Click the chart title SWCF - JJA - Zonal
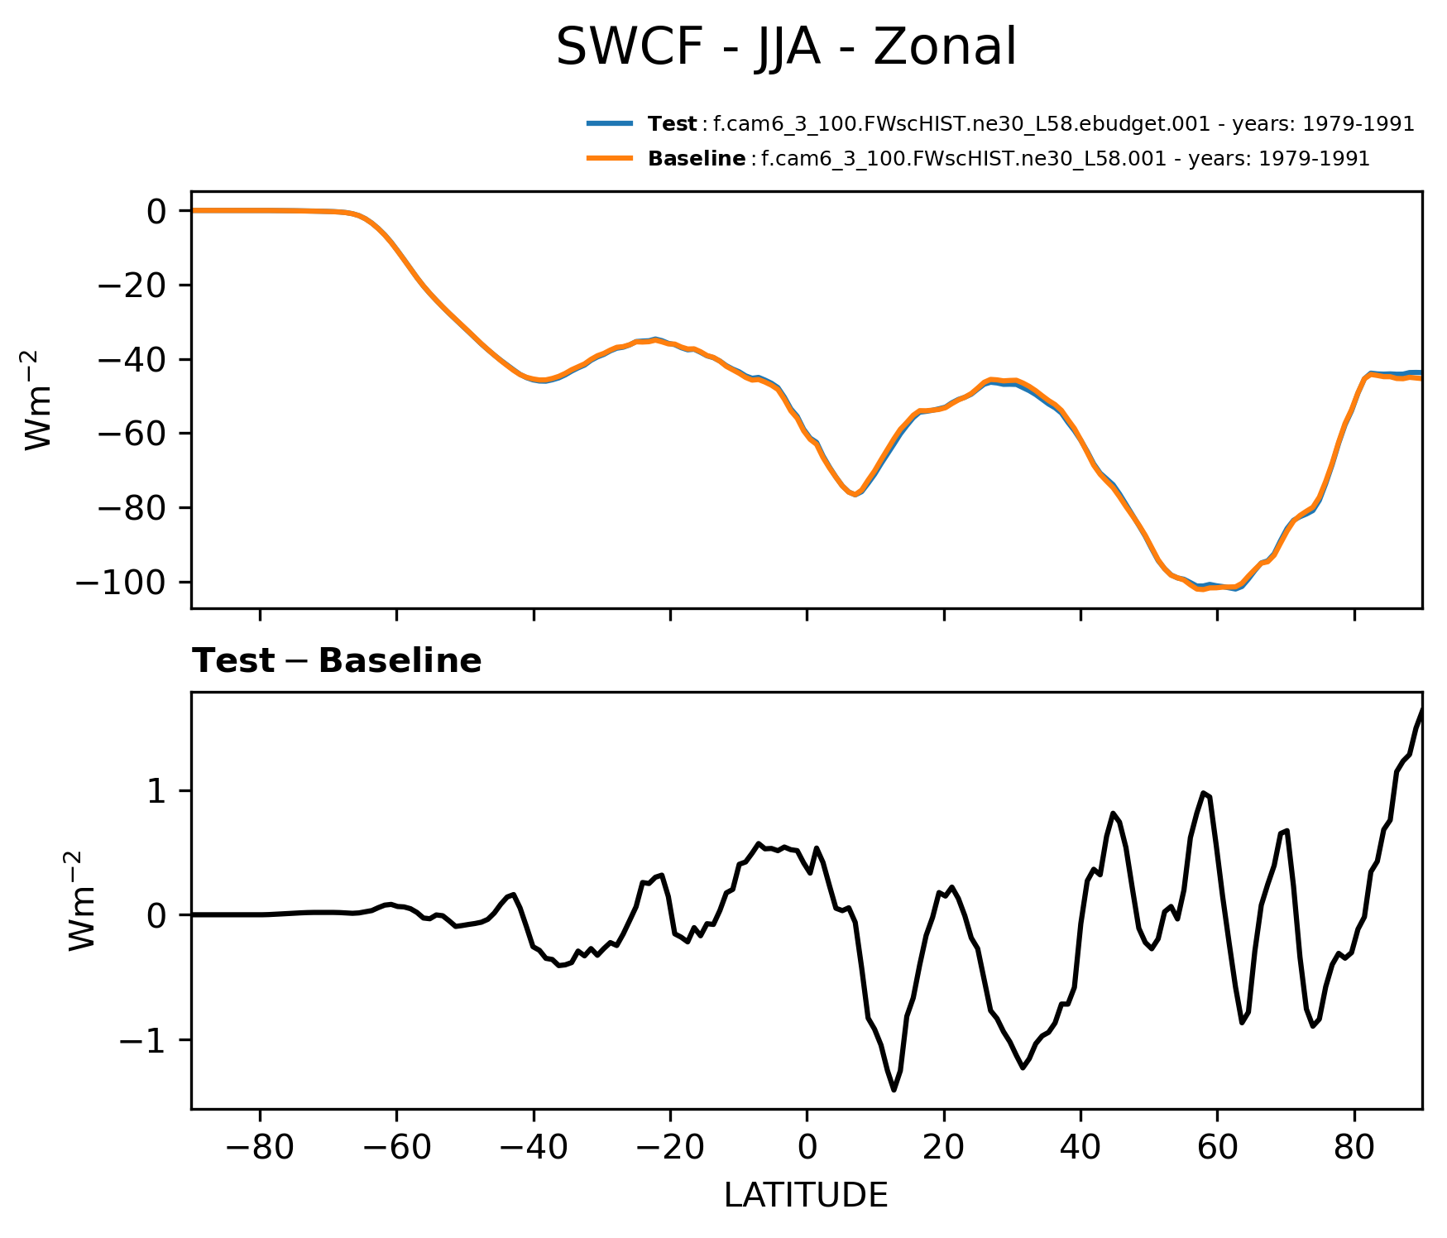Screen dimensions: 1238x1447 point(785,47)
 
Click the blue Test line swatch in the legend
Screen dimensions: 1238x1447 point(610,124)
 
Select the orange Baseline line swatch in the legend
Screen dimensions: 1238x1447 point(610,158)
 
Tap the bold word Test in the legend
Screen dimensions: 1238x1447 point(672,124)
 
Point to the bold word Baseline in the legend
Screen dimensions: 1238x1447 point(697,158)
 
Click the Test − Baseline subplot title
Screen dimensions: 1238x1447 point(337,661)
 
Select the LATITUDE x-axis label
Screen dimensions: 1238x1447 point(806,1195)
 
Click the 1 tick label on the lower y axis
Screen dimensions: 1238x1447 point(157,791)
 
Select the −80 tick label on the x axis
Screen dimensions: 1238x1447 point(260,1149)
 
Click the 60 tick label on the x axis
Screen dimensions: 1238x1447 point(1217,1149)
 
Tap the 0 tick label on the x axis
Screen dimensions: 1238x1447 point(807,1149)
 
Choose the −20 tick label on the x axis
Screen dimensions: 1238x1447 point(670,1149)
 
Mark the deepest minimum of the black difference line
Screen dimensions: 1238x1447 point(894,1090)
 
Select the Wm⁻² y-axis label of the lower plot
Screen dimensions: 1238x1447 point(84,900)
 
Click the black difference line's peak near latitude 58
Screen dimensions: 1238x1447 point(1204,793)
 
